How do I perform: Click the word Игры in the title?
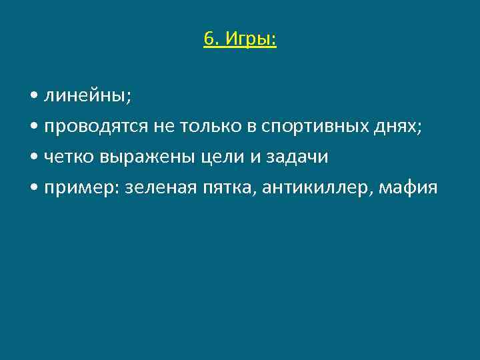[249, 40]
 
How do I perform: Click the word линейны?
[87, 96]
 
